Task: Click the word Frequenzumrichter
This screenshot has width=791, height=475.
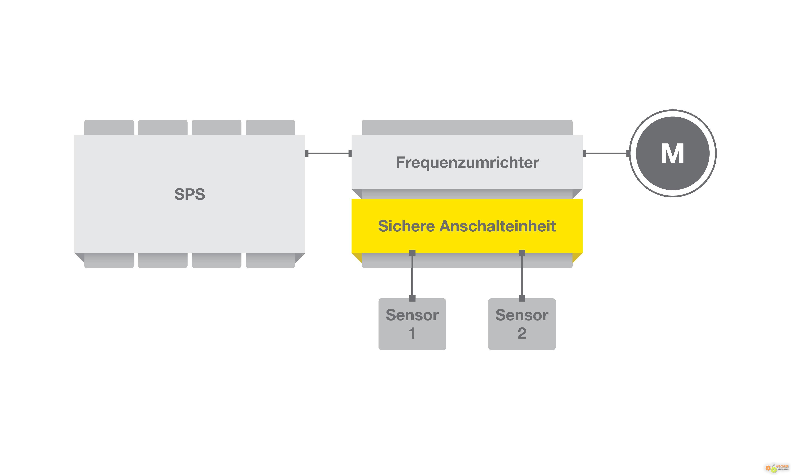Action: (467, 162)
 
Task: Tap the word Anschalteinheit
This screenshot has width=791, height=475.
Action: (498, 226)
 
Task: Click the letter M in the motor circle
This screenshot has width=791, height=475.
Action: (673, 154)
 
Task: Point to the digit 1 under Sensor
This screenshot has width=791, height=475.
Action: (412, 333)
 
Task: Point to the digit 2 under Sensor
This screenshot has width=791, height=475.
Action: (522, 333)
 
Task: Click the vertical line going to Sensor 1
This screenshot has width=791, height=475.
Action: (412, 275)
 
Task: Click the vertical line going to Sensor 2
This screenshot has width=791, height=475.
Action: (522, 275)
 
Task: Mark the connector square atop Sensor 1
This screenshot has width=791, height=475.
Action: (412, 298)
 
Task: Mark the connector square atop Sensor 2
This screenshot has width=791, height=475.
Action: (522, 298)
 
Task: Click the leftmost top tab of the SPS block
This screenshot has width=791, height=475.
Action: (109, 127)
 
